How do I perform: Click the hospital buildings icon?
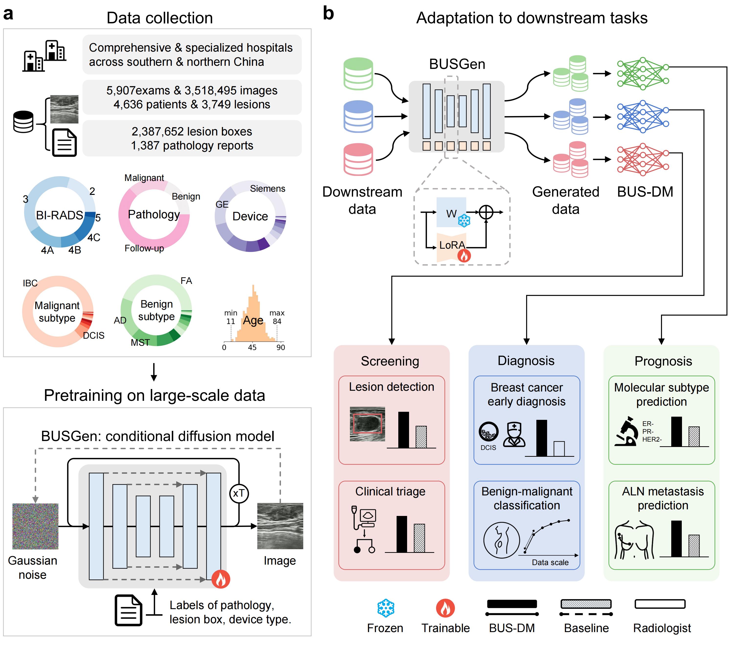click(x=44, y=56)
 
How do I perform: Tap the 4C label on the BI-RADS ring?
click(x=94, y=238)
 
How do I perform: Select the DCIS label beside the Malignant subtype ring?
click(x=94, y=335)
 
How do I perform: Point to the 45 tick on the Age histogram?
click(x=252, y=347)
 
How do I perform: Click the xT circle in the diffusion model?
click(x=239, y=493)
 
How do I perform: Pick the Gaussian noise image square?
click(x=35, y=526)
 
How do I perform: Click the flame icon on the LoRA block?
click(x=464, y=256)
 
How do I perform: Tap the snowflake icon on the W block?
click(x=464, y=221)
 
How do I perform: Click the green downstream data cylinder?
click(x=358, y=74)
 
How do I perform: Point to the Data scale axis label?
click(x=550, y=562)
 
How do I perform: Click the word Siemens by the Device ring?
click(x=268, y=189)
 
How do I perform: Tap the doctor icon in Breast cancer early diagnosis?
click(x=514, y=435)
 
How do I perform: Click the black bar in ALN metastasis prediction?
click(x=676, y=539)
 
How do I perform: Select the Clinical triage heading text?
click(x=390, y=491)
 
